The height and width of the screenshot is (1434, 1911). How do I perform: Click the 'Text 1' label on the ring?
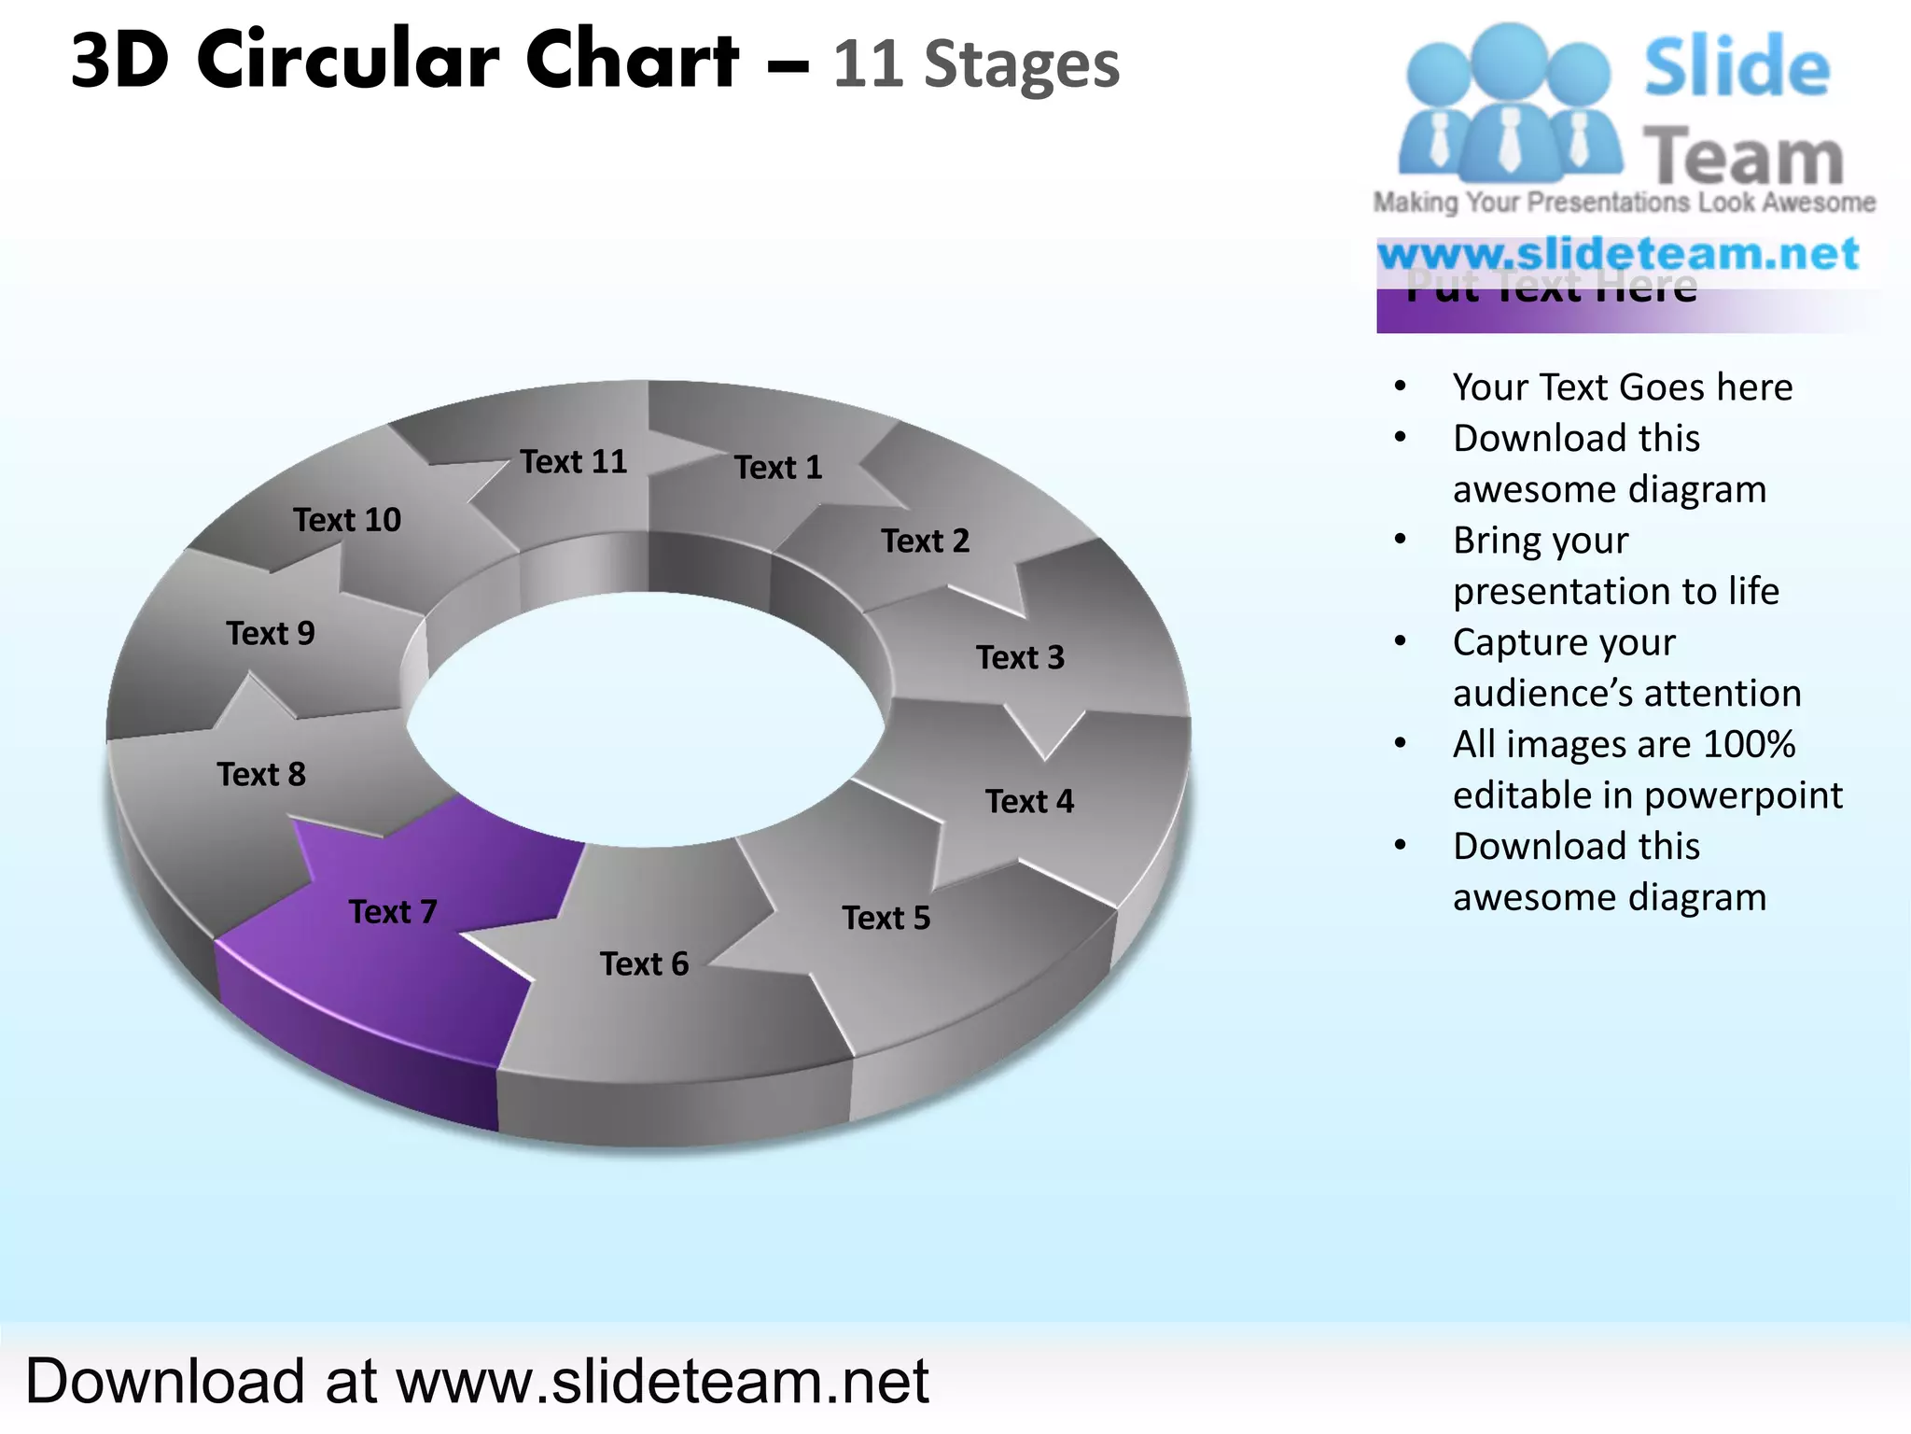coord(778,467)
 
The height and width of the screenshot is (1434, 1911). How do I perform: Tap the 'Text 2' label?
coord(925,541)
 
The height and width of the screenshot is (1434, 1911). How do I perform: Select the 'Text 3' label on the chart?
coord(1020,657)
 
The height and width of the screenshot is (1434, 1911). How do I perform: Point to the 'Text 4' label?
coord(1029,801)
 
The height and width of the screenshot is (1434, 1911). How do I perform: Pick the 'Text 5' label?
coord(886,918)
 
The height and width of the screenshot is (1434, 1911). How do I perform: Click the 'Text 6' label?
coord(644,963)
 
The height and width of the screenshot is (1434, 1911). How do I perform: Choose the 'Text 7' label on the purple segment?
coord(392,911)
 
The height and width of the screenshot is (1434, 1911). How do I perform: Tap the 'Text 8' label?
coord(261,774)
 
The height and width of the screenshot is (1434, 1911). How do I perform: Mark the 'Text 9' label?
coord(271,633)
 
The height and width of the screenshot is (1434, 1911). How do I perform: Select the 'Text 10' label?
coord(347,519)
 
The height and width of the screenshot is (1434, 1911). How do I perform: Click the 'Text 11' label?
coord(573,461)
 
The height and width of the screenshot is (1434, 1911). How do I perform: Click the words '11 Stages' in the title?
coord(975,65)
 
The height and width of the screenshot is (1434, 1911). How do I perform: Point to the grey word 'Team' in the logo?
coord(1743,157)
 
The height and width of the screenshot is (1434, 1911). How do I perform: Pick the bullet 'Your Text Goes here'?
coord(1622,387)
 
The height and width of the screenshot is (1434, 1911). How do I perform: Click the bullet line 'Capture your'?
coord(1564,642)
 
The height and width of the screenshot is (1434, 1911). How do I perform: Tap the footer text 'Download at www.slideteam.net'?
coord(477,1381)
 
